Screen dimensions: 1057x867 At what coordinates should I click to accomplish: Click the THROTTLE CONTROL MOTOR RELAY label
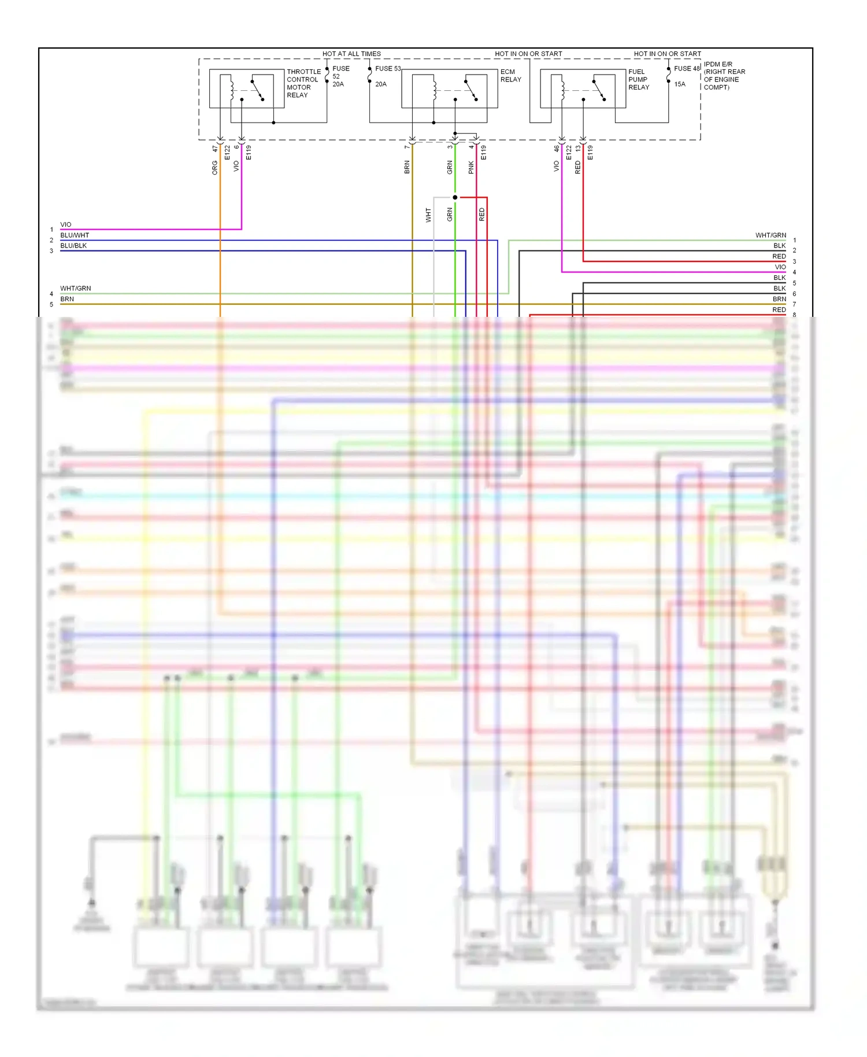tap(303, 83)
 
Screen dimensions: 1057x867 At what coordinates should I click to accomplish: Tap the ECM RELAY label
tap(510, 76)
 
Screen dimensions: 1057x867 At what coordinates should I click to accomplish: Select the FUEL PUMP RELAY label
tap(639, 80)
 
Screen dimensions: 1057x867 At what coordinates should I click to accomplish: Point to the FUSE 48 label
tap(687, 68)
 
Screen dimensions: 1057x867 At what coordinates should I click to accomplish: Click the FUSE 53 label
tap(388, 68)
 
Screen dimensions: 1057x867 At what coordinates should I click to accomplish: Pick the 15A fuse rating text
tap(680, 84)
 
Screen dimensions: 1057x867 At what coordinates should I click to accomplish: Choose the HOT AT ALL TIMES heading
tap(351, 54)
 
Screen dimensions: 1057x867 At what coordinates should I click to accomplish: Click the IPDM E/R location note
tap(724, 76)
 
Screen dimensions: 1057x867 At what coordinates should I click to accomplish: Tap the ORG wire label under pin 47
tap(215, 168)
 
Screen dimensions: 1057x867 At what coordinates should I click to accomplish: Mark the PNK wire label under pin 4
tap(471, 168)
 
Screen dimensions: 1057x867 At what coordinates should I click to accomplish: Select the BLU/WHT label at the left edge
tap(75, 235)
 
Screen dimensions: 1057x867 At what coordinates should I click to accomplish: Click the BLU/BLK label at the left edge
tap(73, 246)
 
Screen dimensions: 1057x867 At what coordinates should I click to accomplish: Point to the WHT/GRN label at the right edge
tap(770, 235)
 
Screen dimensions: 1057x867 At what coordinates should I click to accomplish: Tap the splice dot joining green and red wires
tap(455, 198)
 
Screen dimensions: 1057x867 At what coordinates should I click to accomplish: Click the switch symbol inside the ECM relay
tap(471, 90)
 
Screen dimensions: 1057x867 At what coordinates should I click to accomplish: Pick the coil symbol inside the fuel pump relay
tap(562, 88)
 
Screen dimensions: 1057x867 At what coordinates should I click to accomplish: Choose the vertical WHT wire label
tap(428, 215)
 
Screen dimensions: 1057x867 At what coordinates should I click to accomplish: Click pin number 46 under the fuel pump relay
tap(557, 149)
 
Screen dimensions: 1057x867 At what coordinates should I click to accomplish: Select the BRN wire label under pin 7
tap(407, 168)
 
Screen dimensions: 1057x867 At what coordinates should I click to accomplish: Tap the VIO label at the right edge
tap(780, 267)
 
